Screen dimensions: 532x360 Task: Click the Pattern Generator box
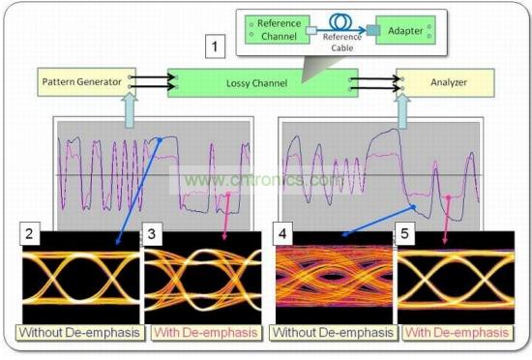tap(86, 81)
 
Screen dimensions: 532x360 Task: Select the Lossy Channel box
tap(262, 83)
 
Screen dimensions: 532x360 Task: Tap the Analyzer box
tap(445, 82)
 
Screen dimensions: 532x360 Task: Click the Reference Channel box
tap(278, 30)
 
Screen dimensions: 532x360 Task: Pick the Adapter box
tap(406, 30)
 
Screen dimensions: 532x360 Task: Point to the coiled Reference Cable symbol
tap(340, 21)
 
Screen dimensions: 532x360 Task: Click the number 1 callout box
tap(215, 46)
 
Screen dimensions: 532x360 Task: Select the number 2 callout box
tap(30, 233)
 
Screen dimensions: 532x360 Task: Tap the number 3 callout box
tap(152, 233)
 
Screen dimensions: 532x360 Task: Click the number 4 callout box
tap(282, 233)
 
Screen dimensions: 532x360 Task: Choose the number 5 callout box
tap(404, 233)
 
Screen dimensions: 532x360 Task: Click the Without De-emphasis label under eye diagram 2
tap(79, 333)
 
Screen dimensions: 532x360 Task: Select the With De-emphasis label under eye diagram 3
tap(206, 333)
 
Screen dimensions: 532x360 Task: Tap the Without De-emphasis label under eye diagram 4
tap(333, 333)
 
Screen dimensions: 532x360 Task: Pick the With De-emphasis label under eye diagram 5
tap(458, 333)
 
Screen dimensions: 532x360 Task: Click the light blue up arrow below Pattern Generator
tap(130, 111)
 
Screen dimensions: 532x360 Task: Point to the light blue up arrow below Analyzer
tap(402, 111)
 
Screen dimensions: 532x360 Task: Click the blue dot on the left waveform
tap(160, 139)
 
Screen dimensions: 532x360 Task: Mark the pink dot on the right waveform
tap(448, 197)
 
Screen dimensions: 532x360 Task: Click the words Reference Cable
tap(342, 42)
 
